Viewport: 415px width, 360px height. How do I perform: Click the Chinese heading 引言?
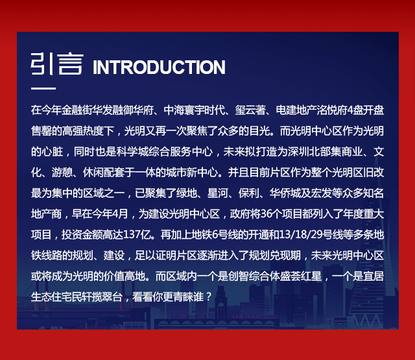point(57,64)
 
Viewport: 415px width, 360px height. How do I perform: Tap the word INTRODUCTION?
point(159,67)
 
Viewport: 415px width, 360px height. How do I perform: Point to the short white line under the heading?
point(43,88)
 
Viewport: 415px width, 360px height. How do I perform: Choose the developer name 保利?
point(249,193)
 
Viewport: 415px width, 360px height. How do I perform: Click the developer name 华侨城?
point(285,193)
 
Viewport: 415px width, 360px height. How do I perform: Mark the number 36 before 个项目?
point(267,214)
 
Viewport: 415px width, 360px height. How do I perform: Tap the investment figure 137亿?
point(137,235)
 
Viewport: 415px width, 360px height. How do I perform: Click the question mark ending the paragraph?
point(209,297)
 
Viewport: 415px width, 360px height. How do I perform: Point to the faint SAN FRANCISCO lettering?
point(254,317)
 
